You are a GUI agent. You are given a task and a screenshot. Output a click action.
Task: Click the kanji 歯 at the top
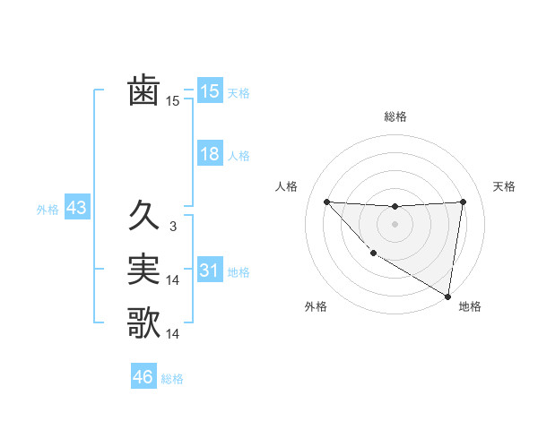[143, 91]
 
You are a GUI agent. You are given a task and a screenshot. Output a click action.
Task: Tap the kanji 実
[143, 270]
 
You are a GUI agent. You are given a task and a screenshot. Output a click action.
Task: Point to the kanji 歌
[143, 323]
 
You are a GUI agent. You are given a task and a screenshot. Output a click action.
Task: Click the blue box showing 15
[210, 91]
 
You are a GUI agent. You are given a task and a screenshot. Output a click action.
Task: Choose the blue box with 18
[210, 154]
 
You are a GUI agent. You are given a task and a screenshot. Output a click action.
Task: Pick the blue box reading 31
[210, 271]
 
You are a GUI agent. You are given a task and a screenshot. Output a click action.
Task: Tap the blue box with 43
[76, 209]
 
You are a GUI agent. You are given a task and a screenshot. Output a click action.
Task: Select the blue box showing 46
[143, 377]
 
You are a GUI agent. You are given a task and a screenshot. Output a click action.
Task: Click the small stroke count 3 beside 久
[172, 227]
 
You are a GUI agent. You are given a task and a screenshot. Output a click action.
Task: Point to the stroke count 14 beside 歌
[173, 334]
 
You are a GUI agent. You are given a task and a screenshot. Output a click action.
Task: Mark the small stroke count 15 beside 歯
[173, 102]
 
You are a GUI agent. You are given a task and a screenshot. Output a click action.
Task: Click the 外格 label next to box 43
[48, 210]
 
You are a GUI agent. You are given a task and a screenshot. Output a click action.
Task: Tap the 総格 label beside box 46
[172, 379]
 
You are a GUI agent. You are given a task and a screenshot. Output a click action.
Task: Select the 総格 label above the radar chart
[395, 116]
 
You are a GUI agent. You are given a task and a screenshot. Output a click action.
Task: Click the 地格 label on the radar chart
[470, 306]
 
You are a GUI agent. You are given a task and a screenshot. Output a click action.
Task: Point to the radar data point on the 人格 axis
[326, 202]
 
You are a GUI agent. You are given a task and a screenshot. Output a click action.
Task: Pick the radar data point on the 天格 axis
[464, 202]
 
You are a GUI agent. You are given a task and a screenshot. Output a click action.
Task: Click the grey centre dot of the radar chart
[395, 224]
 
